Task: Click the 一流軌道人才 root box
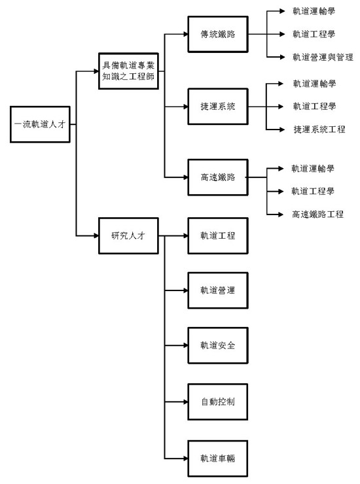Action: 40,124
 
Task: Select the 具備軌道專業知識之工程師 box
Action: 128,71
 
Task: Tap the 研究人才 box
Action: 128,236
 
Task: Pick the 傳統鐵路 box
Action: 218,34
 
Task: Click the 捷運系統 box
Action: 218,107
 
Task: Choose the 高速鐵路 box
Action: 218,177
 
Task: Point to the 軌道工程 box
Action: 218,236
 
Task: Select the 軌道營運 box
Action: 218,290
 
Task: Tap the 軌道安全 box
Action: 218,345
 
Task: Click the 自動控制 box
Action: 218,402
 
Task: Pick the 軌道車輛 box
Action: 218,458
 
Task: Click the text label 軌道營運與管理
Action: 323,57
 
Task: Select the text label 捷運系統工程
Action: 319,130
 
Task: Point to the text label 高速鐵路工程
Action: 317,215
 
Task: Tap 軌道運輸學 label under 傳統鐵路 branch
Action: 314,11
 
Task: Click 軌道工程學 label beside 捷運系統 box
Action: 314,107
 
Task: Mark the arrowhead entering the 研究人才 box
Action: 96,236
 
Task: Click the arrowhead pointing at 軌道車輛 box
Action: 185,458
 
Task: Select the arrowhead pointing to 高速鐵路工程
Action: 281,215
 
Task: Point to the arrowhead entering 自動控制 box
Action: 185,402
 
